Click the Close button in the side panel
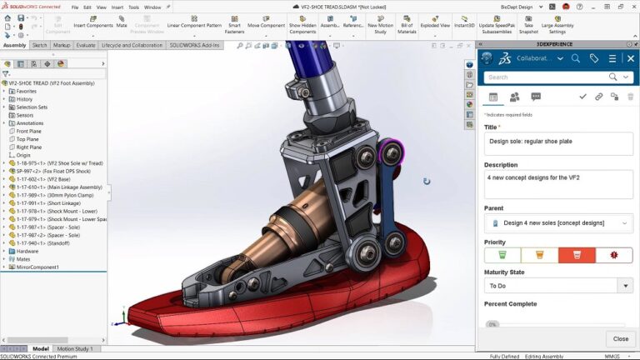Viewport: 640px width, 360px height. click(x=621, y=338)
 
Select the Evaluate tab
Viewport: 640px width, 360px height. click(x=86, y=45)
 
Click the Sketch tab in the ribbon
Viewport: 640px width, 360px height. click(x=39, y=45)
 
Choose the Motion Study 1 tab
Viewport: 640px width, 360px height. click(x=74, y=348)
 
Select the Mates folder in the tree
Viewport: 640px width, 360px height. click(x=24, y=258)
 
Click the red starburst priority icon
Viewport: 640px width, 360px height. click(x=613, y=255)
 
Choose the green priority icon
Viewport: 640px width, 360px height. click(x=502, y=255)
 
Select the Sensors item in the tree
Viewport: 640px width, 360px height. click(x=25, y=115)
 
